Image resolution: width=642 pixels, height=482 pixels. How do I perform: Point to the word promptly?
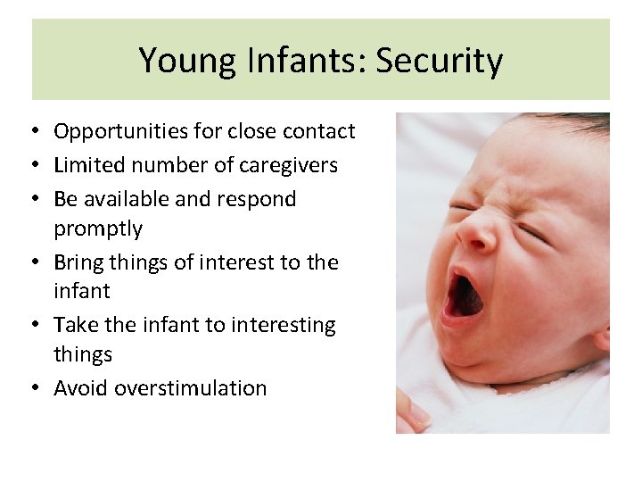[98, 229]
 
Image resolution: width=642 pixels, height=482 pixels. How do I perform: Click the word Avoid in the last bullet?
[80, 388]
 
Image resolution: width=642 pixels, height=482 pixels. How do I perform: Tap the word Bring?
[78, 262]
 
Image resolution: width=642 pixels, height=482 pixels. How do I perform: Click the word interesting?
[283, 325]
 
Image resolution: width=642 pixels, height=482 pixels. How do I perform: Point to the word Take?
[73, 325]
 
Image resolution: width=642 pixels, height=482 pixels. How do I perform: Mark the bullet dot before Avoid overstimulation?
[31, 389]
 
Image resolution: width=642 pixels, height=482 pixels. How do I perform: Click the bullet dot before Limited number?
[31, 166]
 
